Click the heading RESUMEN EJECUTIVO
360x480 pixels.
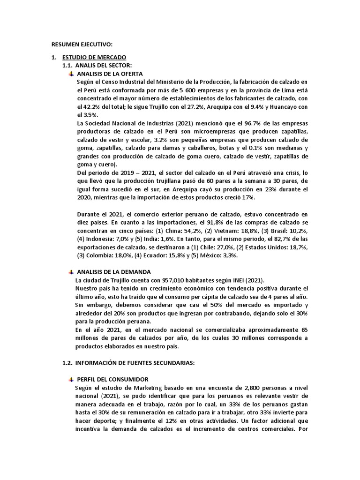click(82, 45)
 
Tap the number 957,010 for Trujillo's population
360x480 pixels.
click(176, 280)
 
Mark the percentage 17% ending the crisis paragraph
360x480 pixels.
click(248, 198)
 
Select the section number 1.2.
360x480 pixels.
click(68, 362)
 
